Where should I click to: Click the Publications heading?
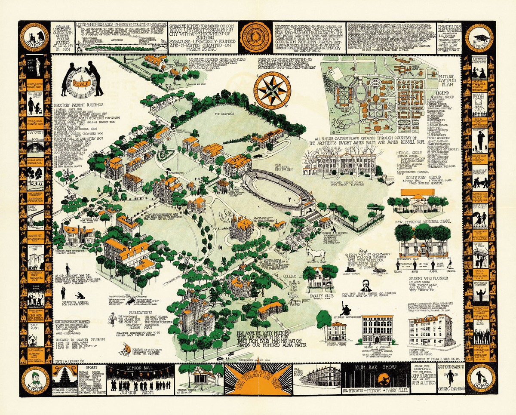point(142,313)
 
